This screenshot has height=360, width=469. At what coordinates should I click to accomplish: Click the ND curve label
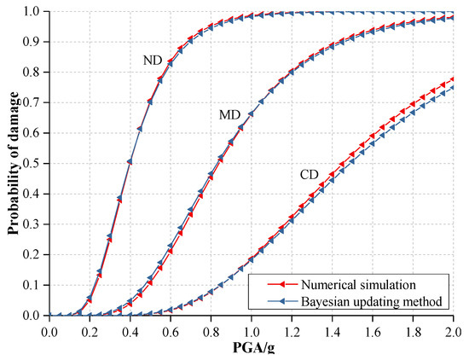point(153,61)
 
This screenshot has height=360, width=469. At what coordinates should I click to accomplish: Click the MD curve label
point(229,113)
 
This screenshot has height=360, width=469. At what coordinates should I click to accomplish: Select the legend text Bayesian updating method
point(369,301)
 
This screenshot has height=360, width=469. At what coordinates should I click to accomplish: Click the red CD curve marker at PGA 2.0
point(452,79)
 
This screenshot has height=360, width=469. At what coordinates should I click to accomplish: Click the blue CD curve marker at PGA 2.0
point(452,88)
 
